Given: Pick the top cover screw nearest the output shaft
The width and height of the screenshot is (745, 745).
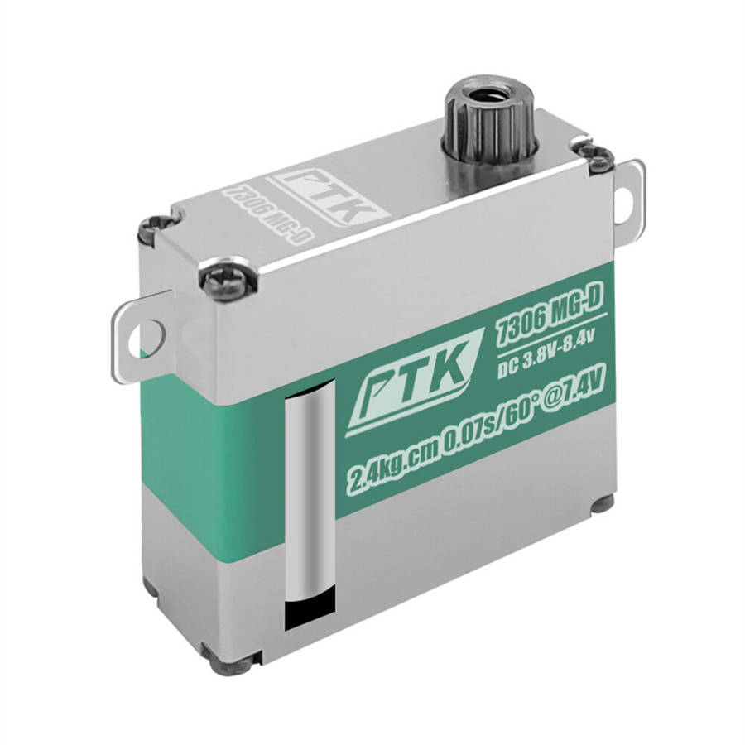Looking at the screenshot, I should [599, 156].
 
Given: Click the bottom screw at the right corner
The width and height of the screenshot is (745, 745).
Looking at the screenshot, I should [602, 503].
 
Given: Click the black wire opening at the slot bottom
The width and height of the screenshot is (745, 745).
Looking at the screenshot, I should [310, 612].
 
